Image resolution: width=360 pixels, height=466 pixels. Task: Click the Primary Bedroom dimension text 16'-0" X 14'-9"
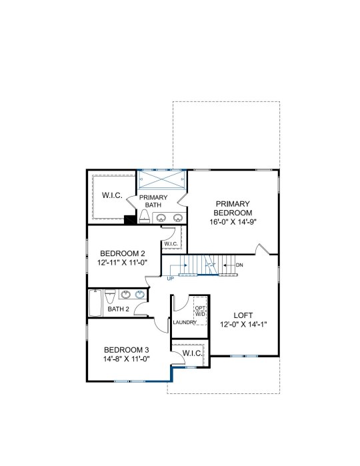(x=233, y=222)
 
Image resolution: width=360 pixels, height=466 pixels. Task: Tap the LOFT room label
(x=243, y=315)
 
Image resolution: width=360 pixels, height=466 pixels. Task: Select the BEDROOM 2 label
(x=123, y=253)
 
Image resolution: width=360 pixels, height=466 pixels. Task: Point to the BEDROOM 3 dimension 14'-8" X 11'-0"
(x=127, y=359)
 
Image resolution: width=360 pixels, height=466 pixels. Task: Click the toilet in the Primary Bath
(x=145, y=217)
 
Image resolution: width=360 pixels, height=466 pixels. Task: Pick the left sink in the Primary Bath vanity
(x=161, y=218)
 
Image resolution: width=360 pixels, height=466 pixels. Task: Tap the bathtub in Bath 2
(x=95, y=303)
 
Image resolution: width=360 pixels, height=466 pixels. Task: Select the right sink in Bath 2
(x=140, y=295)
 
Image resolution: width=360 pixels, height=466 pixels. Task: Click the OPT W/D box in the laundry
(x=200, y=311)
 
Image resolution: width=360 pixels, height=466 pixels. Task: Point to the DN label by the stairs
(x=239, y=265)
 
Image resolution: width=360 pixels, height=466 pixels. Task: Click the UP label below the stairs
(x=171, y=279)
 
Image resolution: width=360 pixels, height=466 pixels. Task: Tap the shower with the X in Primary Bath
(x=161, y=179)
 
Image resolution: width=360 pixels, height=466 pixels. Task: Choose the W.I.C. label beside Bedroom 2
(x=171, y=244)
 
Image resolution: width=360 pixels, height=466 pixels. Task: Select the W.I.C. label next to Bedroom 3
(x=193, y=353)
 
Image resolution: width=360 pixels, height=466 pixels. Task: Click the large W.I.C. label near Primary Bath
(x=112, y=195)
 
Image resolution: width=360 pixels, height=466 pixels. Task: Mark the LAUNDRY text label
(x=185, y=322)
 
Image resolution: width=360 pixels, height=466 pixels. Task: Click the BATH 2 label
(x=118, y=309)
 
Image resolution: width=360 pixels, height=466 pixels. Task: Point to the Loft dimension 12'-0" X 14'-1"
(x=243, y=324)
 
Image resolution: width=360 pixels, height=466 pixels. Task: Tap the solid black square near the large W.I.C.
(x=129, y=219)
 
